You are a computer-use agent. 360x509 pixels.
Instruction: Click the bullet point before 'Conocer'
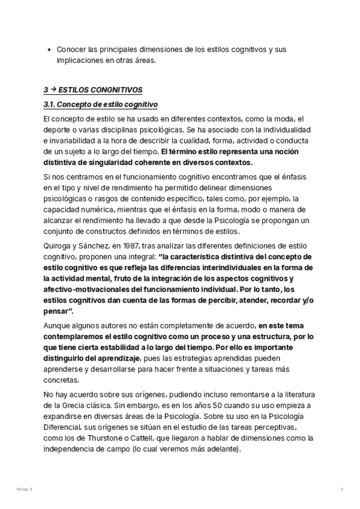[x=48, y=49]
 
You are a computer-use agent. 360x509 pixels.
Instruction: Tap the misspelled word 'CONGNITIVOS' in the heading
[x=113, y=90]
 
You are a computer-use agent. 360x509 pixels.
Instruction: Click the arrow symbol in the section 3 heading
[x=53, y=90]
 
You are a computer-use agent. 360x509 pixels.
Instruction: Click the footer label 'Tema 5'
[x=24, y=490]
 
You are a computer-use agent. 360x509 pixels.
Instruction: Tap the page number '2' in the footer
[x=341, y=490]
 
